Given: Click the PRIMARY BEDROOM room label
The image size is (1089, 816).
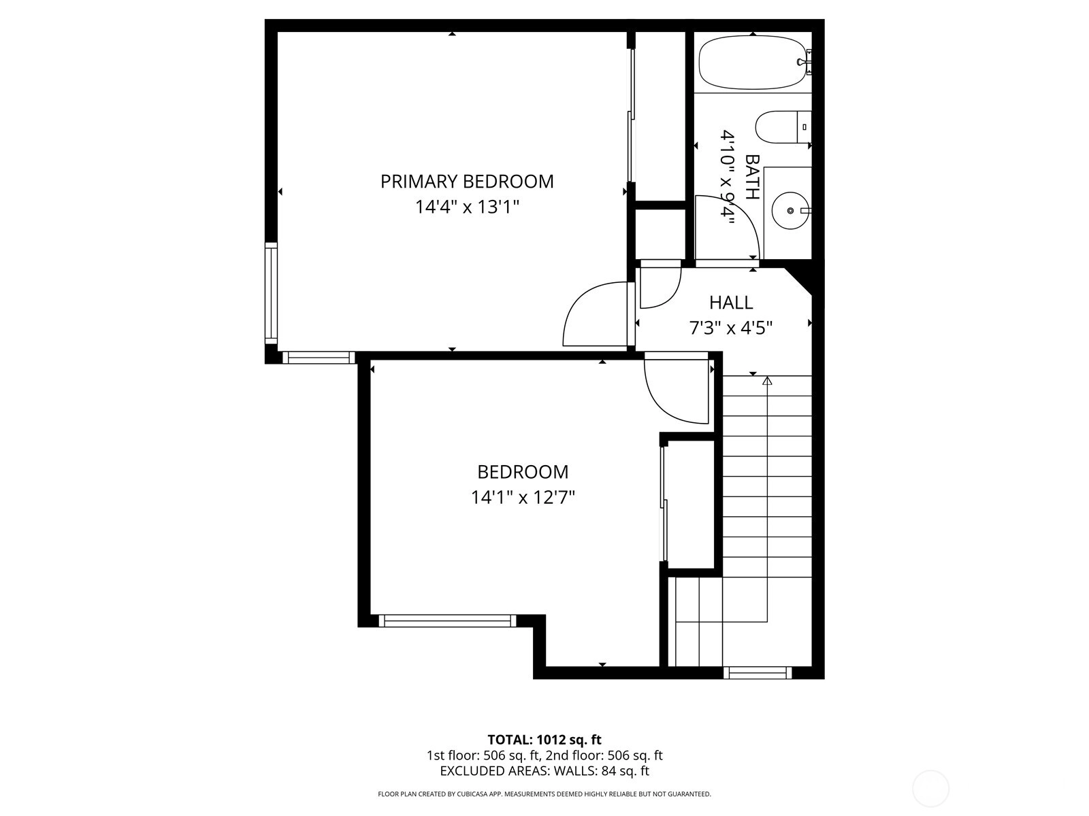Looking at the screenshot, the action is pyautogui.click(x=467, y=182).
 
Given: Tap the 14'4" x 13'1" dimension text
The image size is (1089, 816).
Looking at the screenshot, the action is pyautogui.click(x=467, y=207).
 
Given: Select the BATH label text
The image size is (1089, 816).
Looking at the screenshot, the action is pyautogui.click(x=753, y=177).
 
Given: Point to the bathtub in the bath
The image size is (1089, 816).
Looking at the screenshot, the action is pyautogui.click(x=751, y=63).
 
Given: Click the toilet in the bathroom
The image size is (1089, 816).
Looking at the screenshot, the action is pyautogui.click(x=783, y=127).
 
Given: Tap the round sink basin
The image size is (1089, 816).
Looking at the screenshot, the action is pyautogui.click(x=790, y=211).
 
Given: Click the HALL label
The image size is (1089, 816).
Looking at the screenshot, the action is pyautogui.click(x=731, y=303).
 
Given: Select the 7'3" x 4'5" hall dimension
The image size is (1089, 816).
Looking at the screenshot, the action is pyautogui.click(x=731, y=328).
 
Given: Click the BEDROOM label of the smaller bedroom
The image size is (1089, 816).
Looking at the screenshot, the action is pyautogui.click(x=523, y=472).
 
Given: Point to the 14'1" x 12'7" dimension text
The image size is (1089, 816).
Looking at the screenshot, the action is pyautogui.click(x=523, y=497).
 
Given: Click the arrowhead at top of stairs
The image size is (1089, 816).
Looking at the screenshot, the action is pyautogui.click(x=768, y=381).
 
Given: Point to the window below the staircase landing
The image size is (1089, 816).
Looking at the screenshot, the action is pyautogui.click(x=757, y=673).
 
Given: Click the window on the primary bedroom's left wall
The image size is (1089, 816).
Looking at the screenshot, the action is pyautogui.click(x=271, y=293).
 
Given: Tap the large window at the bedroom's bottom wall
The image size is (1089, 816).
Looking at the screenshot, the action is pyautogui.click(x=447, y=621).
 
